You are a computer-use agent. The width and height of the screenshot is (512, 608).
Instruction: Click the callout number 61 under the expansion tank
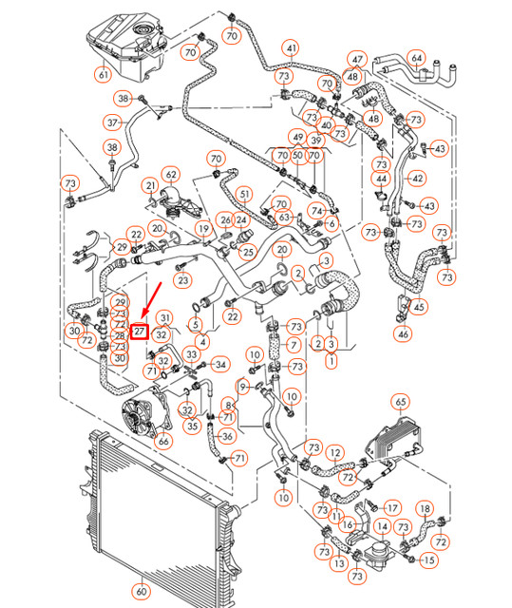tap(103, 74)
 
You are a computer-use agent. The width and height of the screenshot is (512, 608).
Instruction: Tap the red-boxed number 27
tap(140, 332)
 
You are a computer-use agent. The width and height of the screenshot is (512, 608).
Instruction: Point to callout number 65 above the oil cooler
tap(401, 402)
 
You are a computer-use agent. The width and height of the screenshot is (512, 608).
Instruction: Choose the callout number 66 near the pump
tap(163, 440)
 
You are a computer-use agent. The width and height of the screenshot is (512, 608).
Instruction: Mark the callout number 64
tap(416, 58)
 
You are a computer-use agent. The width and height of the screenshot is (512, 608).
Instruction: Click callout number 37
tap(112, 123)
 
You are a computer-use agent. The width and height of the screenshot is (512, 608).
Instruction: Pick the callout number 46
tap(403, 333)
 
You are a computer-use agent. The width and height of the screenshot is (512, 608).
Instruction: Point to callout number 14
tap(383, 525)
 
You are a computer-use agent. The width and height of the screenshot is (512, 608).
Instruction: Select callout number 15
tap(430, 561)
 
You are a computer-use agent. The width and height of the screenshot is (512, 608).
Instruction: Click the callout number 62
tap(171, 174)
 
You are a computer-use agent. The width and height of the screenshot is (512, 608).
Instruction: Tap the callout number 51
tap(244, 195)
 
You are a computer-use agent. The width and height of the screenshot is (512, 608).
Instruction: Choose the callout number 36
tap(226, 437)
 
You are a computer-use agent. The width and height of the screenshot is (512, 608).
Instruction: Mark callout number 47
tap(356, 59)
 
